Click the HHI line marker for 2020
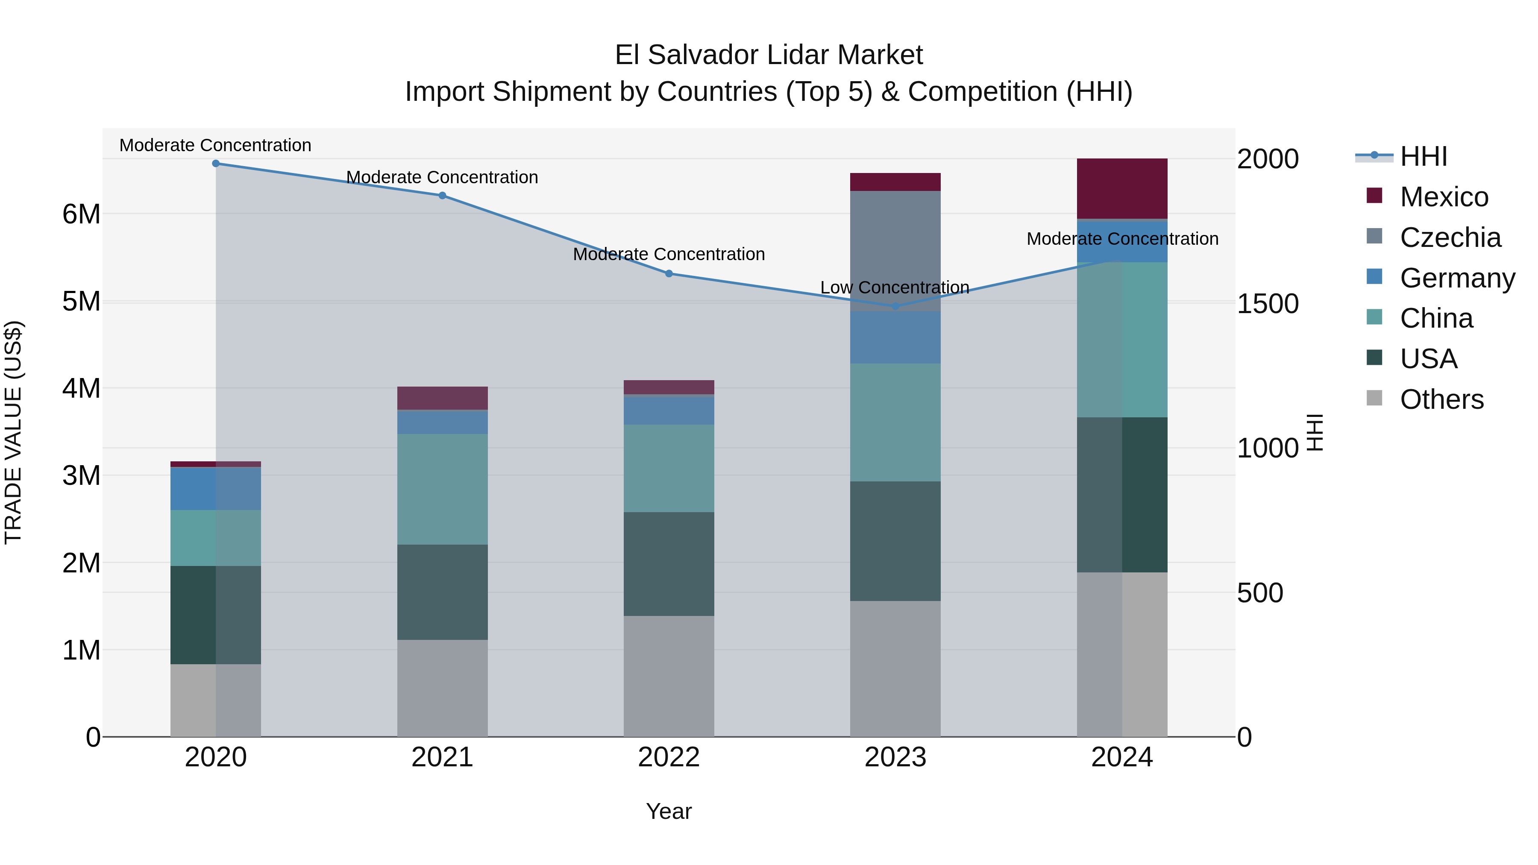216,164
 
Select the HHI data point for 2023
895,306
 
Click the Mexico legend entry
1444,197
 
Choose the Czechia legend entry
1450,238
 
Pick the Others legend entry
1441,399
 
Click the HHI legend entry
1424,156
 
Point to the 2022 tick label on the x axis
669,757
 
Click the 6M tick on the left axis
81,214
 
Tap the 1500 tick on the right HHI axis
1267,304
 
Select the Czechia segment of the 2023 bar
895,251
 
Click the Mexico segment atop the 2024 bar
1122,189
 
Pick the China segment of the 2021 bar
443,489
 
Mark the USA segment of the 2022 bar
669,563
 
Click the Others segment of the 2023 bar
895,669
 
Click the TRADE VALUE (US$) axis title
13,432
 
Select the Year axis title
669,811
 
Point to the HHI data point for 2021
443,196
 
